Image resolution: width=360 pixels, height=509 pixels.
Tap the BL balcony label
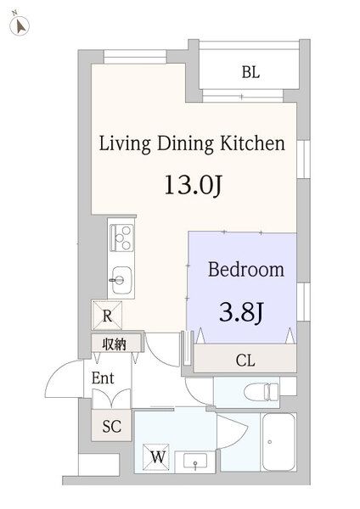pos(250,73)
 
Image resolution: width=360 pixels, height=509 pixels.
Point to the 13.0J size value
pos(192,185)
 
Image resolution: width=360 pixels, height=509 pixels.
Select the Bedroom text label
pos(245,271)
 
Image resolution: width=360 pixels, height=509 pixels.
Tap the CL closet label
pos(245,361)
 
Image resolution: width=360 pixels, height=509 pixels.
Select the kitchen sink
pos(119,277)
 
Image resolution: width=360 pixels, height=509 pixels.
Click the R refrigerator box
pos(108,316)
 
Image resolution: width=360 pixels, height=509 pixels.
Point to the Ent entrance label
pos(103,378)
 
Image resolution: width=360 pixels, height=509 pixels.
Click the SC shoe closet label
pos(111,427)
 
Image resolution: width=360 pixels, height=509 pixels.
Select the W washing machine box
pos(158,456)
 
